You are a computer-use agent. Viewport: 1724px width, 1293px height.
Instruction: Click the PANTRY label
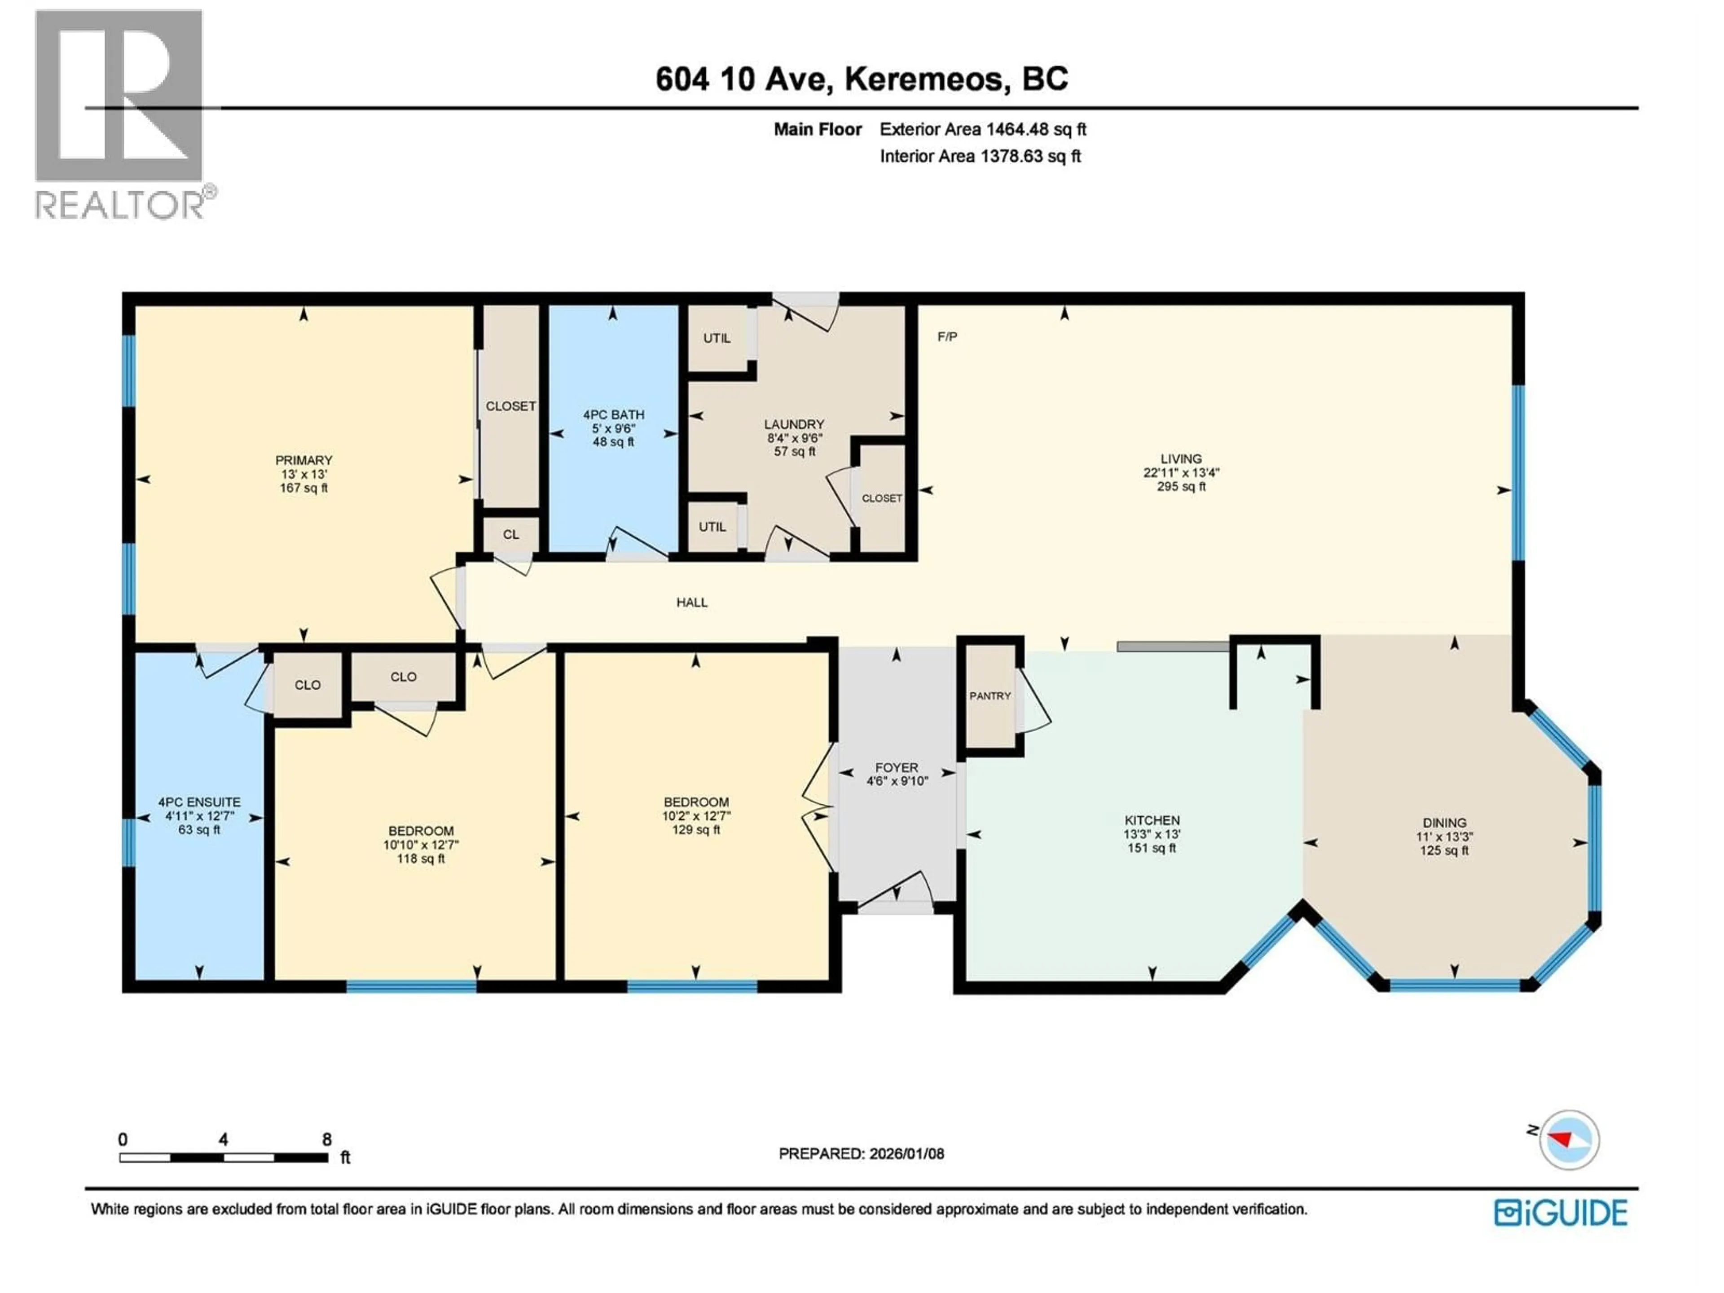pyautogui.click(x=990, y=696)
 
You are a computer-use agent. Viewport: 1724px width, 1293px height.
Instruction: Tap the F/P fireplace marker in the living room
pyautogui.click(x=947, y=337)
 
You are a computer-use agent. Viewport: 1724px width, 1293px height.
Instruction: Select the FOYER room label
pyautogui.click(x=896, y=768)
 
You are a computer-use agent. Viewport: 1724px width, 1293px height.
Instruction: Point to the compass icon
pyautogui.click(x=1569, y=1140)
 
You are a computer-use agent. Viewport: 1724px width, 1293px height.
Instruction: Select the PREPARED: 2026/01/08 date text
pyautogui.click(x=861, y=1153)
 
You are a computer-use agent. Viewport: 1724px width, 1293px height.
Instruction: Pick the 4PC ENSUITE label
pyautogui.click(x=199, y=802)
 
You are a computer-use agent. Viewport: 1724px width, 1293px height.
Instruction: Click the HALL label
pyautogui.click(x=692, y=603)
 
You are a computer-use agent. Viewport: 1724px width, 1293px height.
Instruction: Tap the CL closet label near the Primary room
pyautogui.click(x=510, y=535)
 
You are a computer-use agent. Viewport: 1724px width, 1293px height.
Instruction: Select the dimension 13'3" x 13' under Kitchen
pyautogui.click(x=1152, y=834)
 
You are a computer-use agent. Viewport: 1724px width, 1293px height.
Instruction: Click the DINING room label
pyautogui.click(x=1444, y=823)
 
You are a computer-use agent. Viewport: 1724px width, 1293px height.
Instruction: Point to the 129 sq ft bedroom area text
pyautogui.click(x=696, y=830)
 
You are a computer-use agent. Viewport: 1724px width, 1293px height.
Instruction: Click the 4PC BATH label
pyautogui.click(x=613, y=415)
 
